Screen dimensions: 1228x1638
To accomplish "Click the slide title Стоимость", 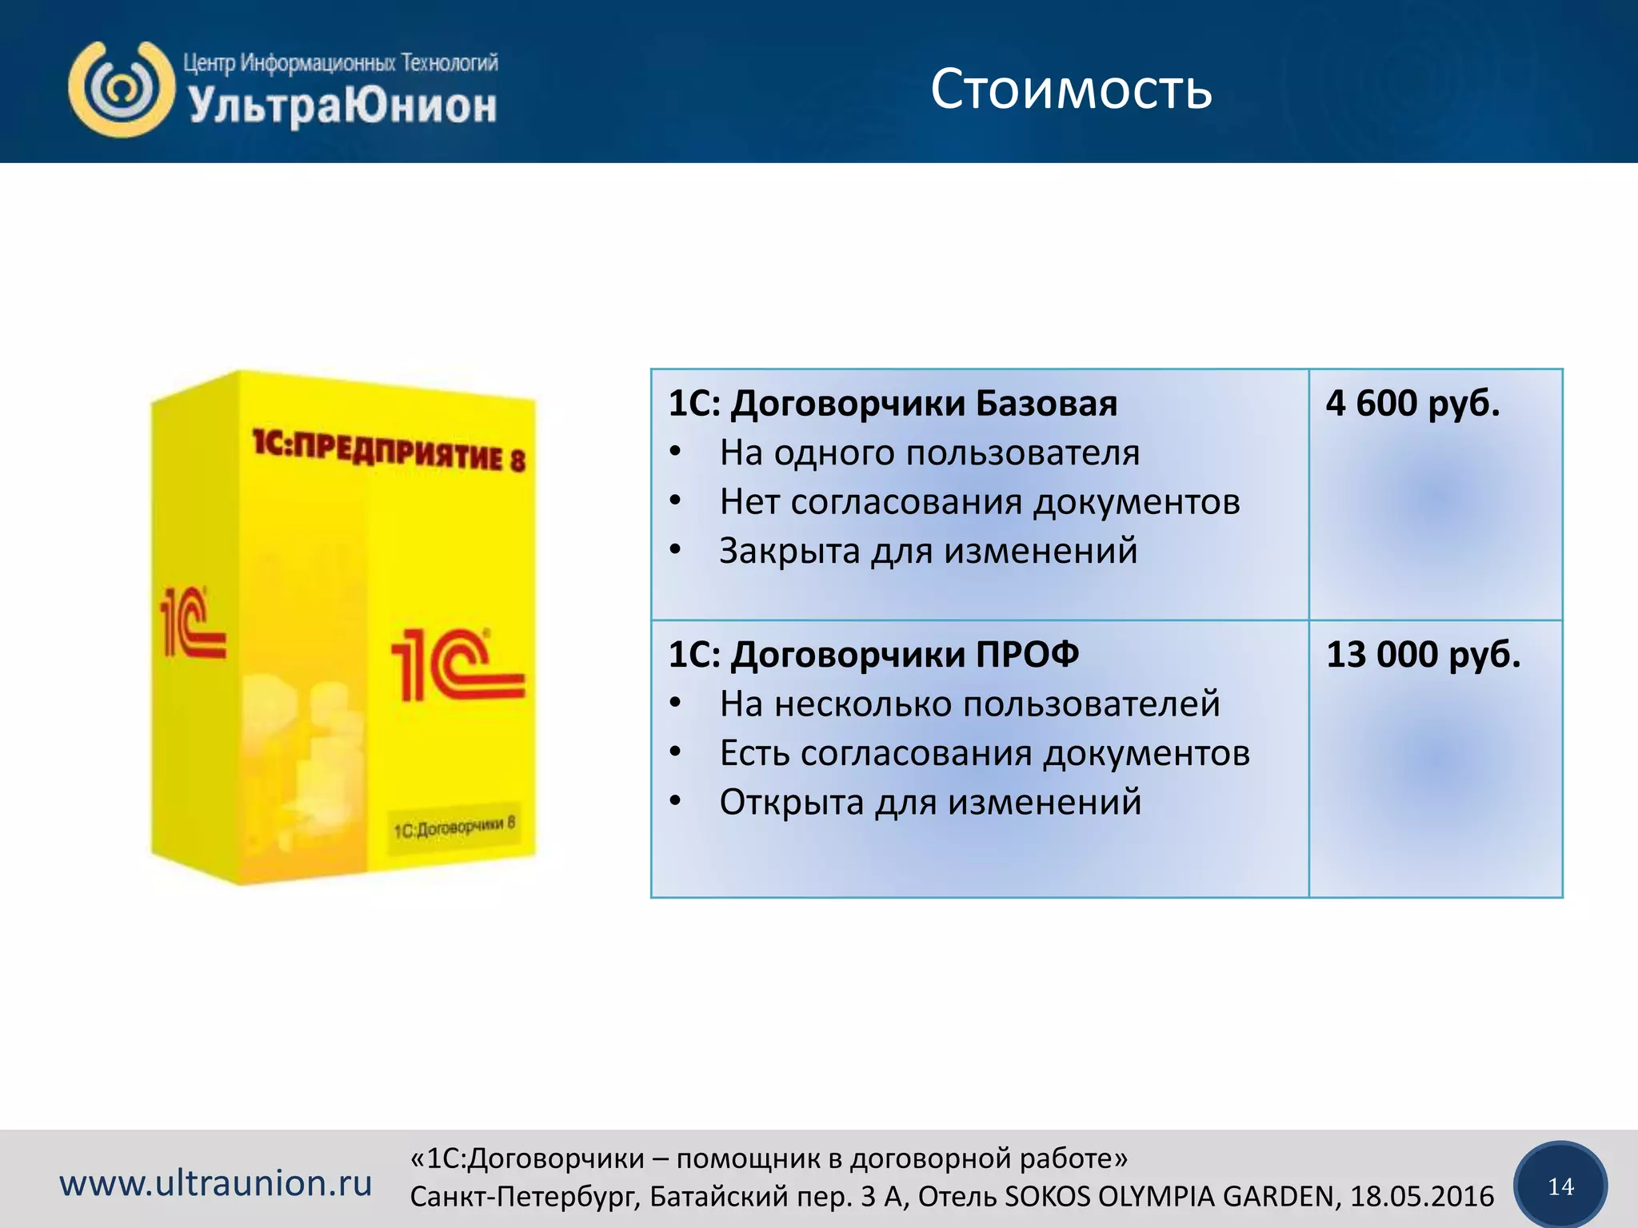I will [1071, 90].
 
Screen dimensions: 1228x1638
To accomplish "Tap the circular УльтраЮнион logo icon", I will [121, 89].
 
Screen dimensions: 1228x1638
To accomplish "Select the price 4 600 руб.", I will [1412, 403].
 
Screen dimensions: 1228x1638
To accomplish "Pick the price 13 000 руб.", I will [1423, 654].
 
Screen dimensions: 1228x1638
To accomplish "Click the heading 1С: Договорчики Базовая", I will [893, 404].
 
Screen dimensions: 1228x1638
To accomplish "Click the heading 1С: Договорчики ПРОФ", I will [873, 655].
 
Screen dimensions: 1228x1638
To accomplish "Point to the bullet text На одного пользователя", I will [929, 453].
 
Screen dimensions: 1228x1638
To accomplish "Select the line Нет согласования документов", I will [980, 502].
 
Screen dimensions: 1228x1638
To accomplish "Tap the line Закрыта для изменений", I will [928, 551].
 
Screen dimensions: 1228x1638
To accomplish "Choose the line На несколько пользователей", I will [969, 704].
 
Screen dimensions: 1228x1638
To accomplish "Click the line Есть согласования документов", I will [985, 753].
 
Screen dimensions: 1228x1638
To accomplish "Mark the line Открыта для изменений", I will [930, 802].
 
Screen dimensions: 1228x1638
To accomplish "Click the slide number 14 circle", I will [1560, 1186].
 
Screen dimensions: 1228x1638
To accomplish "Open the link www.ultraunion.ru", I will [216, 1183].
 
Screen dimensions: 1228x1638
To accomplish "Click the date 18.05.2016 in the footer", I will [1422, 1197].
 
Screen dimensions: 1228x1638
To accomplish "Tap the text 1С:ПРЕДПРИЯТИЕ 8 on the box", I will [390, 451].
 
